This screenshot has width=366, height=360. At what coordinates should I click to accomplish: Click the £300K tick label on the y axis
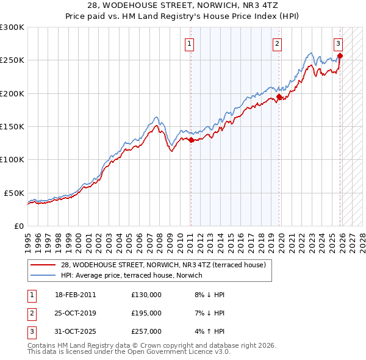click(12, 27)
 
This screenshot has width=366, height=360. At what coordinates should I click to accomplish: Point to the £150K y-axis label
click(12, 126)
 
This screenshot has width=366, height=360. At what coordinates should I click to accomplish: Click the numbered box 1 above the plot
click(190, 43)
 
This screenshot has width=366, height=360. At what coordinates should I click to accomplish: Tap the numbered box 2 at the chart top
click(277, 43)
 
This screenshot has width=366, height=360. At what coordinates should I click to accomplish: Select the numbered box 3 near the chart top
click(338, 43)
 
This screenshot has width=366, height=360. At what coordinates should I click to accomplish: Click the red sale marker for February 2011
click(191, 140)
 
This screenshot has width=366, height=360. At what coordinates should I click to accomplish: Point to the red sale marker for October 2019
click(279, 96)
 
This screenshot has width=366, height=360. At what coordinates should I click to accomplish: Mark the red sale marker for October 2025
click(340, 56)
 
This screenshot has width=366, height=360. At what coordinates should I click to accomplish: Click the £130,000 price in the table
click(146, 294)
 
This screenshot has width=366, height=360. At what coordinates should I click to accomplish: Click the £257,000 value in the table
click(146, 331)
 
